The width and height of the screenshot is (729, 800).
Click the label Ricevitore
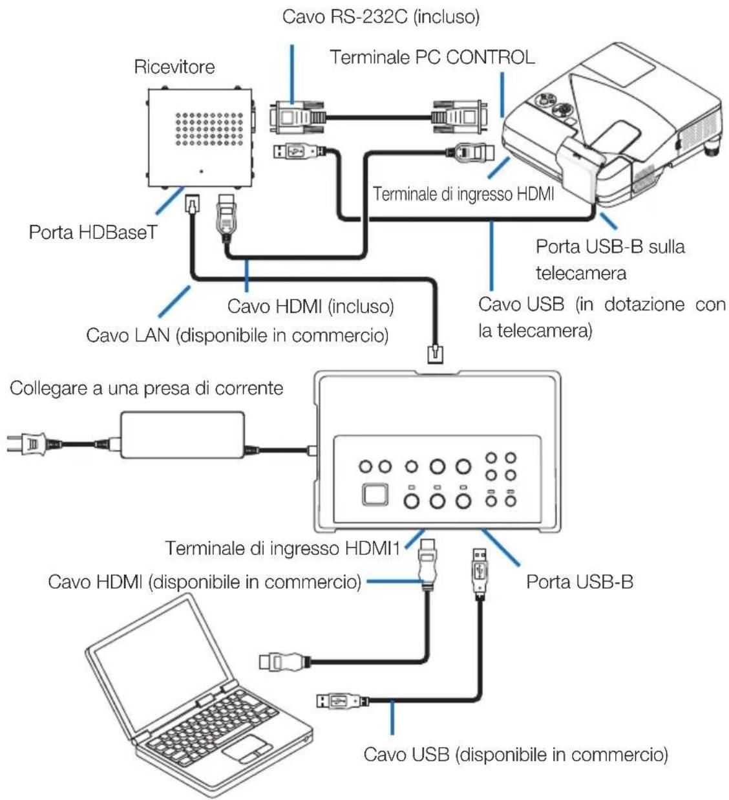(x=174, y=67)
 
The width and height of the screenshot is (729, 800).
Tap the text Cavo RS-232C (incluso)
(x=381, y=17)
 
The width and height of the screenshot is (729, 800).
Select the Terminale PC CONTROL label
(x=432, y=57)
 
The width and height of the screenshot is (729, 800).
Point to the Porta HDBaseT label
(x=93, y=232)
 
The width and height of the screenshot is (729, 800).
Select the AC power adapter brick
(x=182, y=435)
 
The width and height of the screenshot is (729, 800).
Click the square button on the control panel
(x=375, y=495)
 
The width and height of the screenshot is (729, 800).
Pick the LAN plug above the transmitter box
(x=436, y=353)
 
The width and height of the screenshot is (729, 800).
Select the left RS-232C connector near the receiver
(x=297, y=118)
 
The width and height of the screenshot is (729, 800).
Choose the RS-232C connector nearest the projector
(x=459, y=118)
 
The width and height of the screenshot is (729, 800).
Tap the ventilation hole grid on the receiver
(x=209, y=129)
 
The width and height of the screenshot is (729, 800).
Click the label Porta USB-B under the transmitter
(x=580, y=582)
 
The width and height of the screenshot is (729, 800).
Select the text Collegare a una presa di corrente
(x=146, y=388)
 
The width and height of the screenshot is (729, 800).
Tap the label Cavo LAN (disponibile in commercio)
(x=237, y=335)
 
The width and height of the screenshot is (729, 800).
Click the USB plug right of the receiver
(x=299, y=151)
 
